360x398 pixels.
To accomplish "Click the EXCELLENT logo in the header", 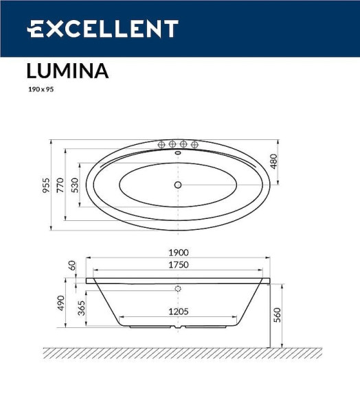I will click(x=102, y=29).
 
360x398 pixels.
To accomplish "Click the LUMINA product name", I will click(x=67, y=71).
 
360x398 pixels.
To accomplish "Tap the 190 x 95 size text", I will click(x=40, y=89).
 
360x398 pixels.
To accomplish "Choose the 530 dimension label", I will click(x=75, y=185).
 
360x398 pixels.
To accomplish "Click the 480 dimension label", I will click(x=273, y=162).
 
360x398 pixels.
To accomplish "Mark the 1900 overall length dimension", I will click(x=179, y=253).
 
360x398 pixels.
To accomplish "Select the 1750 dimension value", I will click(x=179, y=265).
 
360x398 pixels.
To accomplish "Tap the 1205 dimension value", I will click(x=179, y=312).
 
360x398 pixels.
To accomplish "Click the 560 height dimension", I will click(x=277, y=314).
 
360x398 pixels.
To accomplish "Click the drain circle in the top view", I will click(x=177, y=185).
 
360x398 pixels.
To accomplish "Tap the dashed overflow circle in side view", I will click(x=177, y=289).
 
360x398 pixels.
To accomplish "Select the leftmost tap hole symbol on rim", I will click(x=162, y=144).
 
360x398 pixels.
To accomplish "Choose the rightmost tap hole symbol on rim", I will click(x=194, y=144).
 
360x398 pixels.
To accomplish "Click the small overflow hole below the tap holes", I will click(x=178, y=153).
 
